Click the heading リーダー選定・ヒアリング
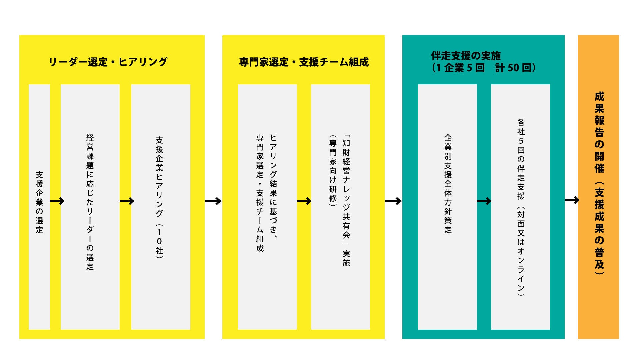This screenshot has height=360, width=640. coord(108,62)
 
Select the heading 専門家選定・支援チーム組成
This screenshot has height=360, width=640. coord(304,62)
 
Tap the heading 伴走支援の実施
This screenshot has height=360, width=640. coord(465,56)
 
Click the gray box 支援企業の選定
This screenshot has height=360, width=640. coord(39,207)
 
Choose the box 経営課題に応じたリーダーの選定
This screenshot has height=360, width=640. coord(90,207)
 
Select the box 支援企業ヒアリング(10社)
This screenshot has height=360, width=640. coord(160,207)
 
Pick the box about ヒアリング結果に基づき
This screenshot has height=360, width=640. coord(267,207)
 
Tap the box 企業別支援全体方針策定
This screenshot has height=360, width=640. coord(447,207)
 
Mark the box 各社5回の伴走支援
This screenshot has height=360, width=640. coord(520,207)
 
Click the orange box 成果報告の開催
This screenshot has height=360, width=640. coord(598,187)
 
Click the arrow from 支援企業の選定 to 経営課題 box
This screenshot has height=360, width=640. coord(57,201)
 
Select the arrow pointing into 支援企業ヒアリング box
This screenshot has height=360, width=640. coord(127,201)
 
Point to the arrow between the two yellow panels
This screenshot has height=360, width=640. coord(213,201)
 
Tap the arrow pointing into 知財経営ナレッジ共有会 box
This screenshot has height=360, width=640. coord(304,201)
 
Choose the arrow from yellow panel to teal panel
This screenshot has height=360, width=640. coord(393,201)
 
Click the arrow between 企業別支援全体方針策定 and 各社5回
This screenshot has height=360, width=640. coord(484,201)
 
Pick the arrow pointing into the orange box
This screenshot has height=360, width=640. coord(572,200)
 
